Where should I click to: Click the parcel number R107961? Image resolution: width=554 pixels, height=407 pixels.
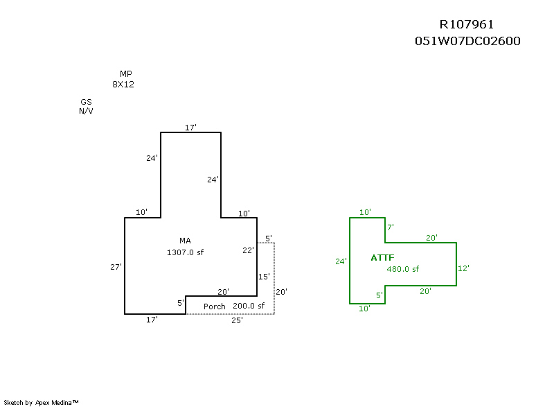(467, 25)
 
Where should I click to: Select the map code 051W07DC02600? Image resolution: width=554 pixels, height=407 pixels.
(467, 41)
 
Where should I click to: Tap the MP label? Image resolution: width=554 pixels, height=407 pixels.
(125, 74)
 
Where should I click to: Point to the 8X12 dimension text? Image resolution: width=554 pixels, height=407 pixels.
(123, 84)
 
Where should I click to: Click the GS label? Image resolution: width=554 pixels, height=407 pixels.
(86, 102)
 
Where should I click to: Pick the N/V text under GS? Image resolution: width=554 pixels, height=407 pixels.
(86, 111)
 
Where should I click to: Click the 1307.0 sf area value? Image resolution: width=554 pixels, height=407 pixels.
(185, 252)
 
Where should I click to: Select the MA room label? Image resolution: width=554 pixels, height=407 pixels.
(185, 241)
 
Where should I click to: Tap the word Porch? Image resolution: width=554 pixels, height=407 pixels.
(214, 306)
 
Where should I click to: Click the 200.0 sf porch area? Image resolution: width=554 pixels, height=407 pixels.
(249, 306)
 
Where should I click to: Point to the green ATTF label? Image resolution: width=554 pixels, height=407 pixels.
(382, 257)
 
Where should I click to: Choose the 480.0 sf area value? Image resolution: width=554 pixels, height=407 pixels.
(402, 269)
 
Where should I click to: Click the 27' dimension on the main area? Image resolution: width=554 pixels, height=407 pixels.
(116, 267)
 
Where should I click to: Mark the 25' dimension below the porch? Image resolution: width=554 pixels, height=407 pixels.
(236, 320)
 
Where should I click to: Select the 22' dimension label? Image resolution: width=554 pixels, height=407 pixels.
(249, 250)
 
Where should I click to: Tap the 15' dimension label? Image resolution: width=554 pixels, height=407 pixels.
(264, 277)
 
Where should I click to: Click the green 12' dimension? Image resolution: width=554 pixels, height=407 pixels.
(464, 268)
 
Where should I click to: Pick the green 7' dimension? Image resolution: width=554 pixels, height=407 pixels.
(391, 227)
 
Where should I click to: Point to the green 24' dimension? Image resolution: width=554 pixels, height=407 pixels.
(341, 261)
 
